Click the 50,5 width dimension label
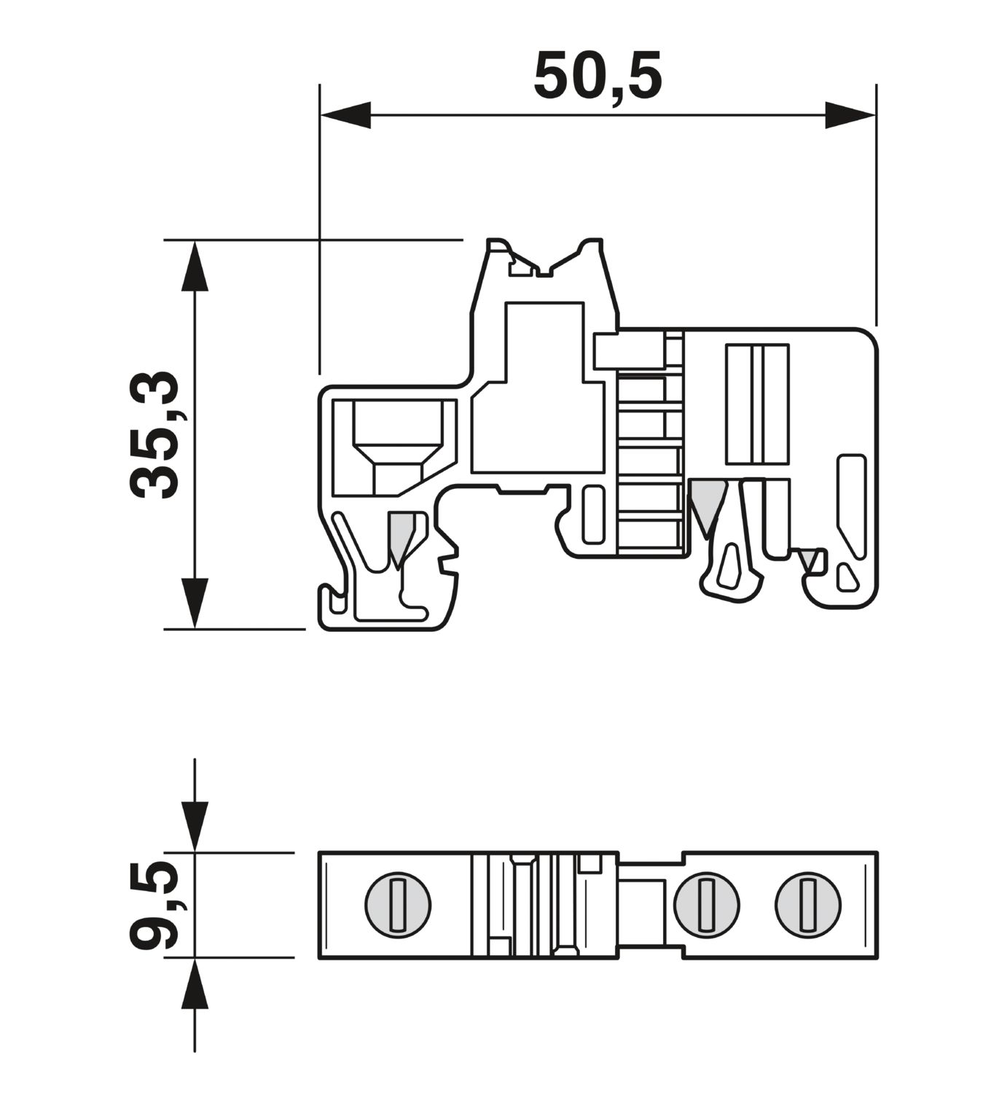pyautogui.click(x=598, y=76)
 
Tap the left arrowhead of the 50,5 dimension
pyautogui.click(x=345, y=115)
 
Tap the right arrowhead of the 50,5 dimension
pyautogui.click(x=850, y=115)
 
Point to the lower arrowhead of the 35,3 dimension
pyautogui.click(x=195, y=603)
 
